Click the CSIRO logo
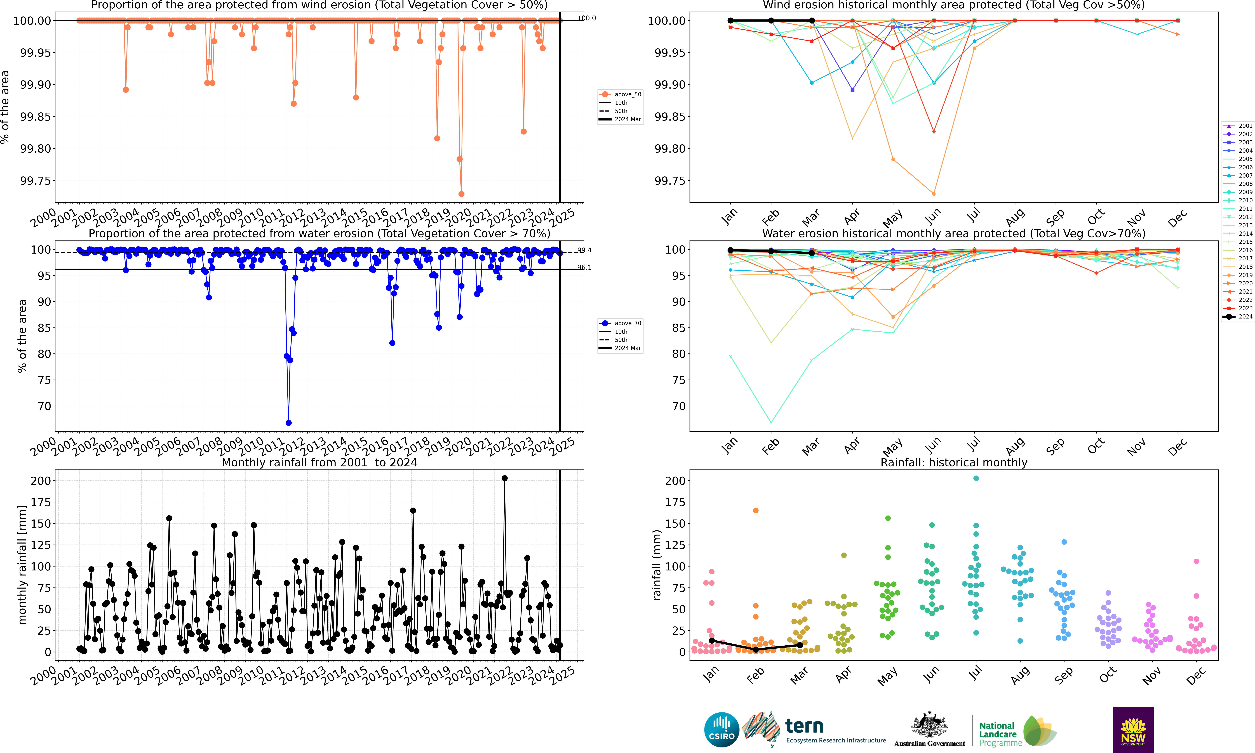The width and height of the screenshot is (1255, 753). tap(721, 730)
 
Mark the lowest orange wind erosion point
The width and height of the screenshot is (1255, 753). tap(461, 194)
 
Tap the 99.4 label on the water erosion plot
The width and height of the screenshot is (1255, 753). tap(585, 250)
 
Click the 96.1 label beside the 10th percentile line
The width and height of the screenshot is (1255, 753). tap(585, 267)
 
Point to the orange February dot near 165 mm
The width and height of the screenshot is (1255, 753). tap(756, 510)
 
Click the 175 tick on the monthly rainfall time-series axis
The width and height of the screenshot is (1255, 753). tap(41, 502)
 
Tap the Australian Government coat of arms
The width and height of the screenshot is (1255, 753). tap(929, 725)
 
